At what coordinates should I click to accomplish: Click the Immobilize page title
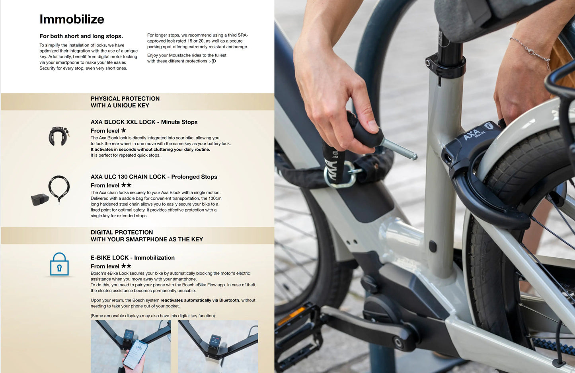click(x=72, y=19)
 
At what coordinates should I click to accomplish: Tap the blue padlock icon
click(x=59, y=264)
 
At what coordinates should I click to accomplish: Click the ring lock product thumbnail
click(x=59, y=136)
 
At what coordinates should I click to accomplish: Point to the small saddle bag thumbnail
click(x=40, y=200)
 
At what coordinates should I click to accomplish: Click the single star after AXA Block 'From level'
click(x=123, y=130)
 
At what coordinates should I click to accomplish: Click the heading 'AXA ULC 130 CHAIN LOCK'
click(x=128, y=177)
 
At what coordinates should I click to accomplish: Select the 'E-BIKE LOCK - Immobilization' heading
click(x=133, y=258)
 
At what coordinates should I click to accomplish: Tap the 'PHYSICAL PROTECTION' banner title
click(x=125, y=99)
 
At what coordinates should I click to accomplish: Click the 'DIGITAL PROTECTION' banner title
click(x=122, y=232)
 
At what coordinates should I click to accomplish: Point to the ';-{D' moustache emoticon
click(x=212, y=61)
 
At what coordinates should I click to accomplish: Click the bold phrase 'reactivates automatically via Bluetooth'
click(x=200, y=300)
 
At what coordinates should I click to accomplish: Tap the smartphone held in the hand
click(x=135, y=354)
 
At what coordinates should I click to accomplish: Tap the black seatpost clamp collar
click(x=445, y=65)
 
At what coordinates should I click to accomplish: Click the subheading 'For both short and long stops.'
click(x=81, y=36)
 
